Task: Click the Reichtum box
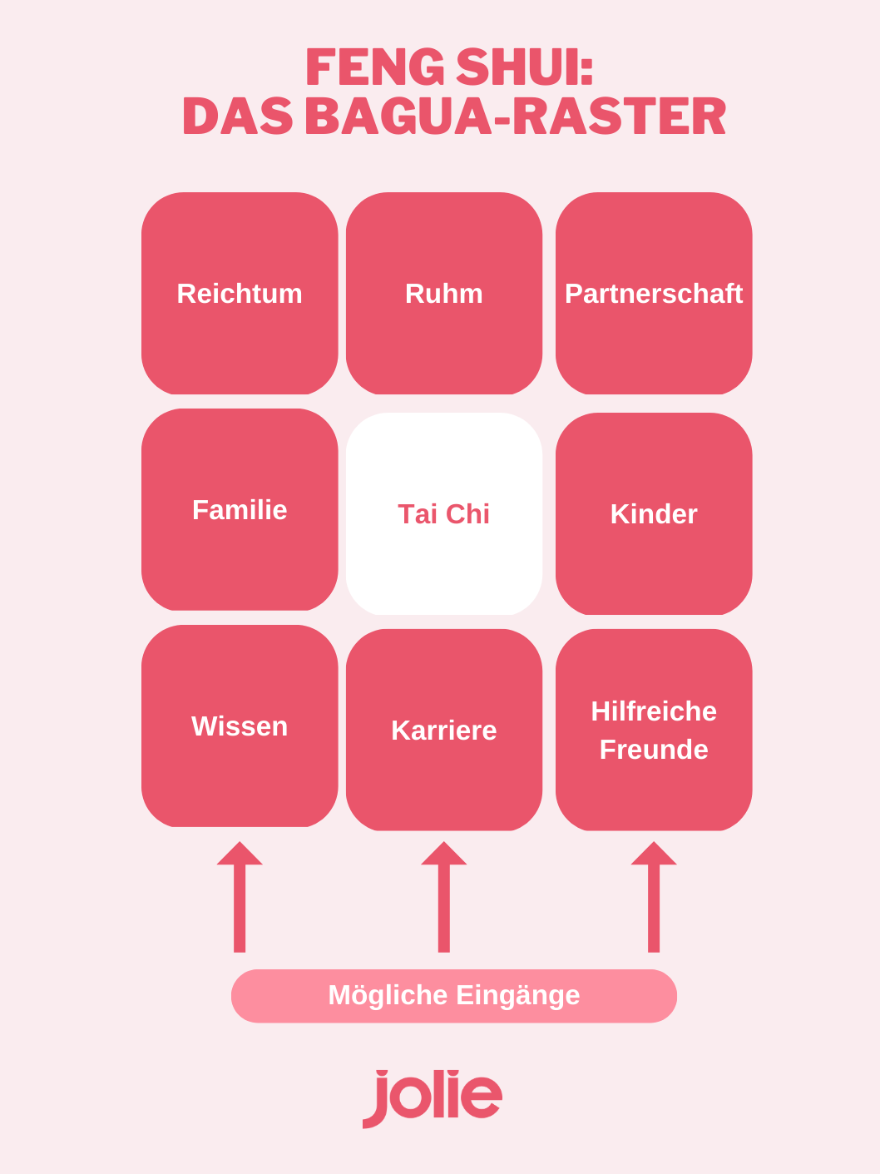(x=240, y=293)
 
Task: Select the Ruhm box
(x=443, y=293)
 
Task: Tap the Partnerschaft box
(x=653, y=293)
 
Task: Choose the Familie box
(x=240, y=509)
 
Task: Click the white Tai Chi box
(x=443, y=513)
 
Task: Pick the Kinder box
(x=653, y=513)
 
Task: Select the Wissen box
(x=240, y=726)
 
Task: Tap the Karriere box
(x=443, y=730)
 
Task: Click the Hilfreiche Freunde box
(x=653, y=730)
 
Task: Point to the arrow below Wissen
(x=240, y=897)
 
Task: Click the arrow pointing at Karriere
(x=443, y=897)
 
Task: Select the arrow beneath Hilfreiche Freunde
(x=653, y=897)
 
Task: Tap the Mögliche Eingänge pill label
(x=454, y=996)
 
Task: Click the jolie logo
(x=432, y=1098)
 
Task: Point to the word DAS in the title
(x=238, y=116)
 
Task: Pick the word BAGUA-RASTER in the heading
(x=516, y=116)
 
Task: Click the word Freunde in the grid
(x=653, y=750)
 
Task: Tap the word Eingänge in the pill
(x=517, y=996)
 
